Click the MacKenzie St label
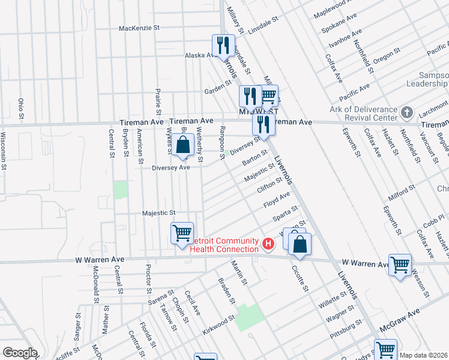coord(139,28)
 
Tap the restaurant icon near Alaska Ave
coord(222,45)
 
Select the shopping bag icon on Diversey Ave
coord(183,145)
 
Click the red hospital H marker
coord(268,244)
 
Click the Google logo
coord(19,353)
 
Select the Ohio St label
coord(21,108)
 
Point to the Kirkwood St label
coord(218,325)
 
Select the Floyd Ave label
coord(277,200)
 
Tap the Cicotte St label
coord(301,278)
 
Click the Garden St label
coord(214,90)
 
